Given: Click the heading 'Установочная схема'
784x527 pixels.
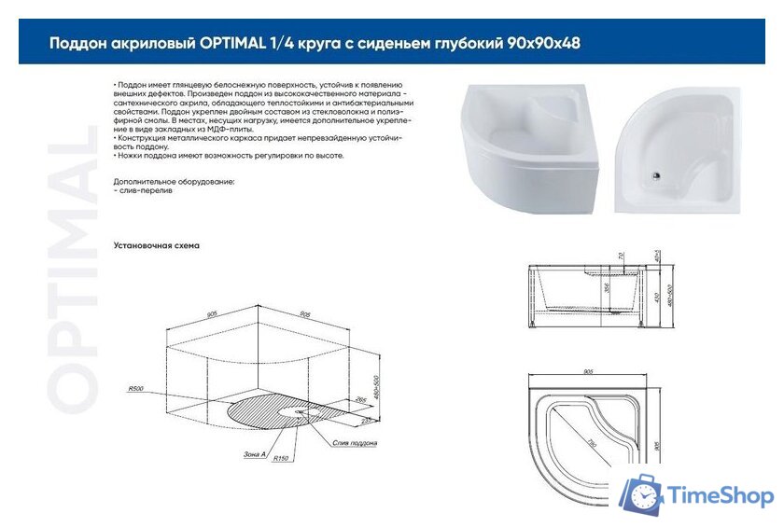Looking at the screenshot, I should click(156, 245).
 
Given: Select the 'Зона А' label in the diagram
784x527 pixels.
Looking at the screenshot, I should click(253, 453).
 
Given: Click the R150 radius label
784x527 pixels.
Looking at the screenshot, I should click(280, 459).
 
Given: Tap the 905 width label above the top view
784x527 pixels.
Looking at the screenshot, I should click(588, 371).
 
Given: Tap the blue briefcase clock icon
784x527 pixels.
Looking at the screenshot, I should click(641, 495).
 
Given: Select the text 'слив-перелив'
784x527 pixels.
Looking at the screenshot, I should click(139, 189).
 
